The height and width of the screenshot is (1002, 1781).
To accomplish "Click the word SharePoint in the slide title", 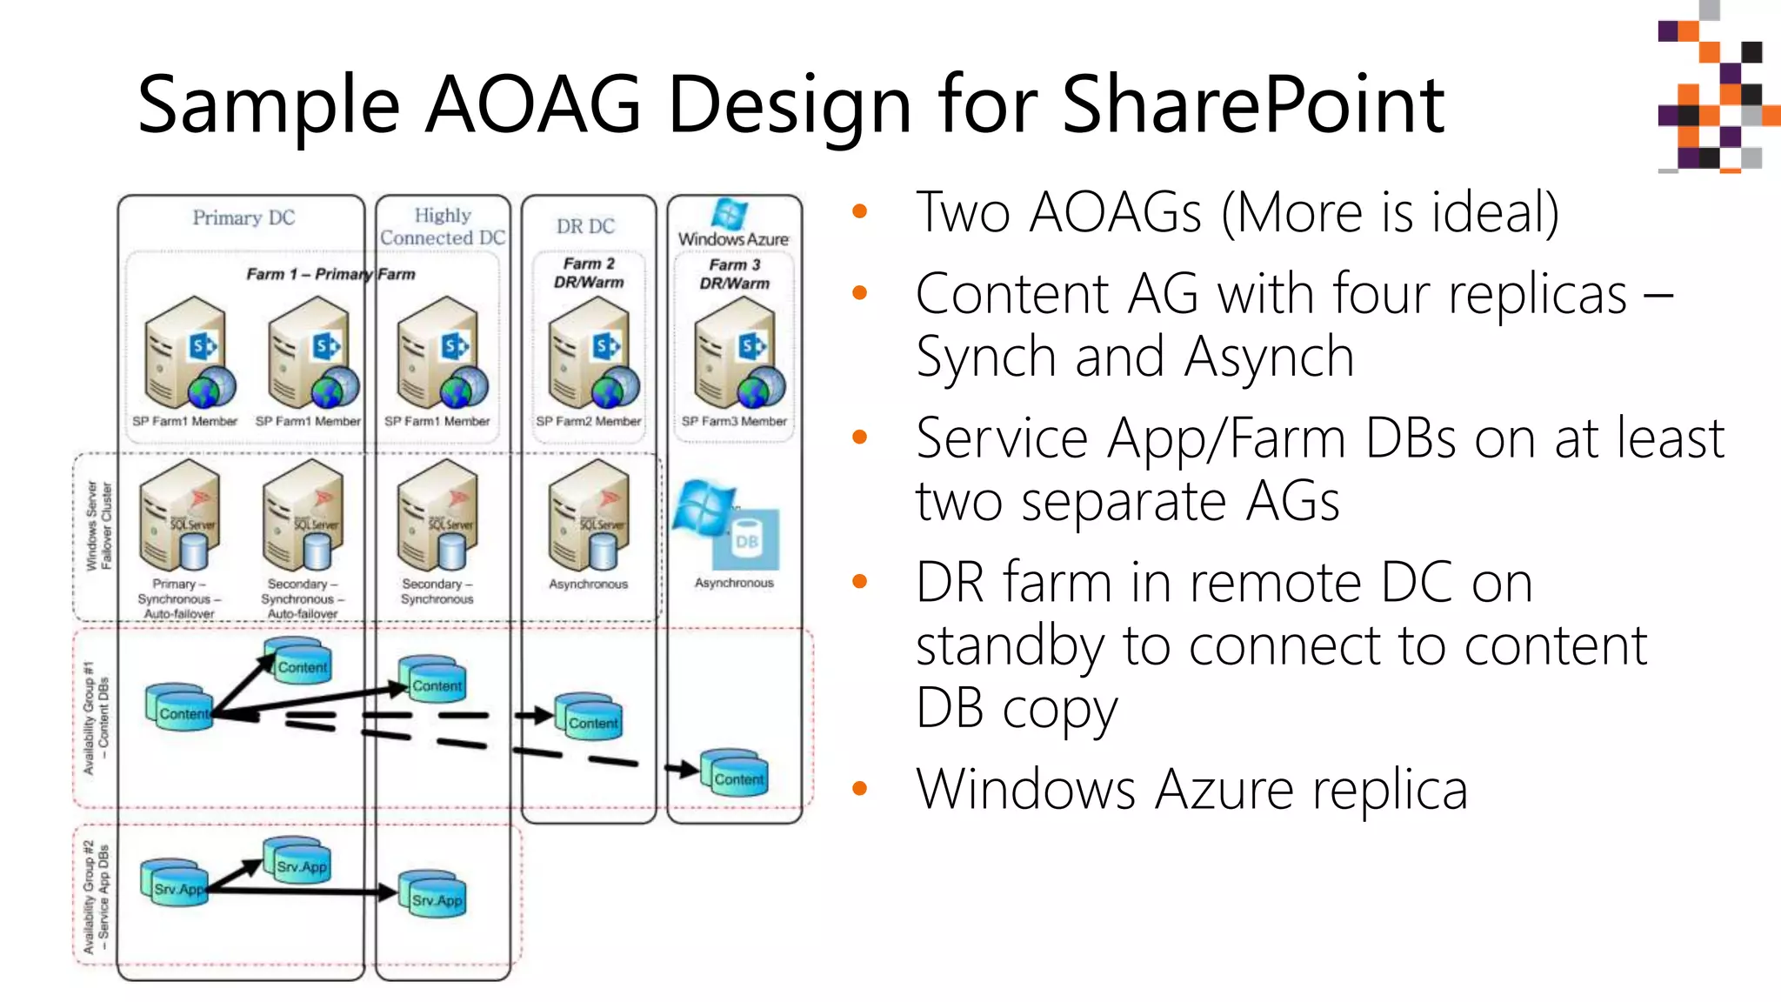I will click(1252, 104).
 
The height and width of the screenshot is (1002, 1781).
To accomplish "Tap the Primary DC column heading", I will click(243, 217).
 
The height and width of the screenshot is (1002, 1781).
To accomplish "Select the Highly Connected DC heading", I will click(442, 226).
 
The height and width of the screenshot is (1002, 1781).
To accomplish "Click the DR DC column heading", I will click(585, 226).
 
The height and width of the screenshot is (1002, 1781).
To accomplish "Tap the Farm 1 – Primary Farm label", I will click(330, 274).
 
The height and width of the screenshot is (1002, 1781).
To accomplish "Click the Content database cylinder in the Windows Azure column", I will click(736, 772).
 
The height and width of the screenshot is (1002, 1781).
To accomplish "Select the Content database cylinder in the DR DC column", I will click(590, 717).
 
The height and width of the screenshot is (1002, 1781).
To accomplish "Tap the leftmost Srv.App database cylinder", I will click(176, 883).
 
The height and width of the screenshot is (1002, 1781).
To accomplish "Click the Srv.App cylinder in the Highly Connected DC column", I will click(433, 893).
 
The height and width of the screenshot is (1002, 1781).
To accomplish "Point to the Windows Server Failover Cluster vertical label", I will click(98, 525).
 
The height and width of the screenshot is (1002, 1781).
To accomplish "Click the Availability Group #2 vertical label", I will click(96, 896).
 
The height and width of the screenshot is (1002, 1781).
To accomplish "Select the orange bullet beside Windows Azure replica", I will click(860, 789).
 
